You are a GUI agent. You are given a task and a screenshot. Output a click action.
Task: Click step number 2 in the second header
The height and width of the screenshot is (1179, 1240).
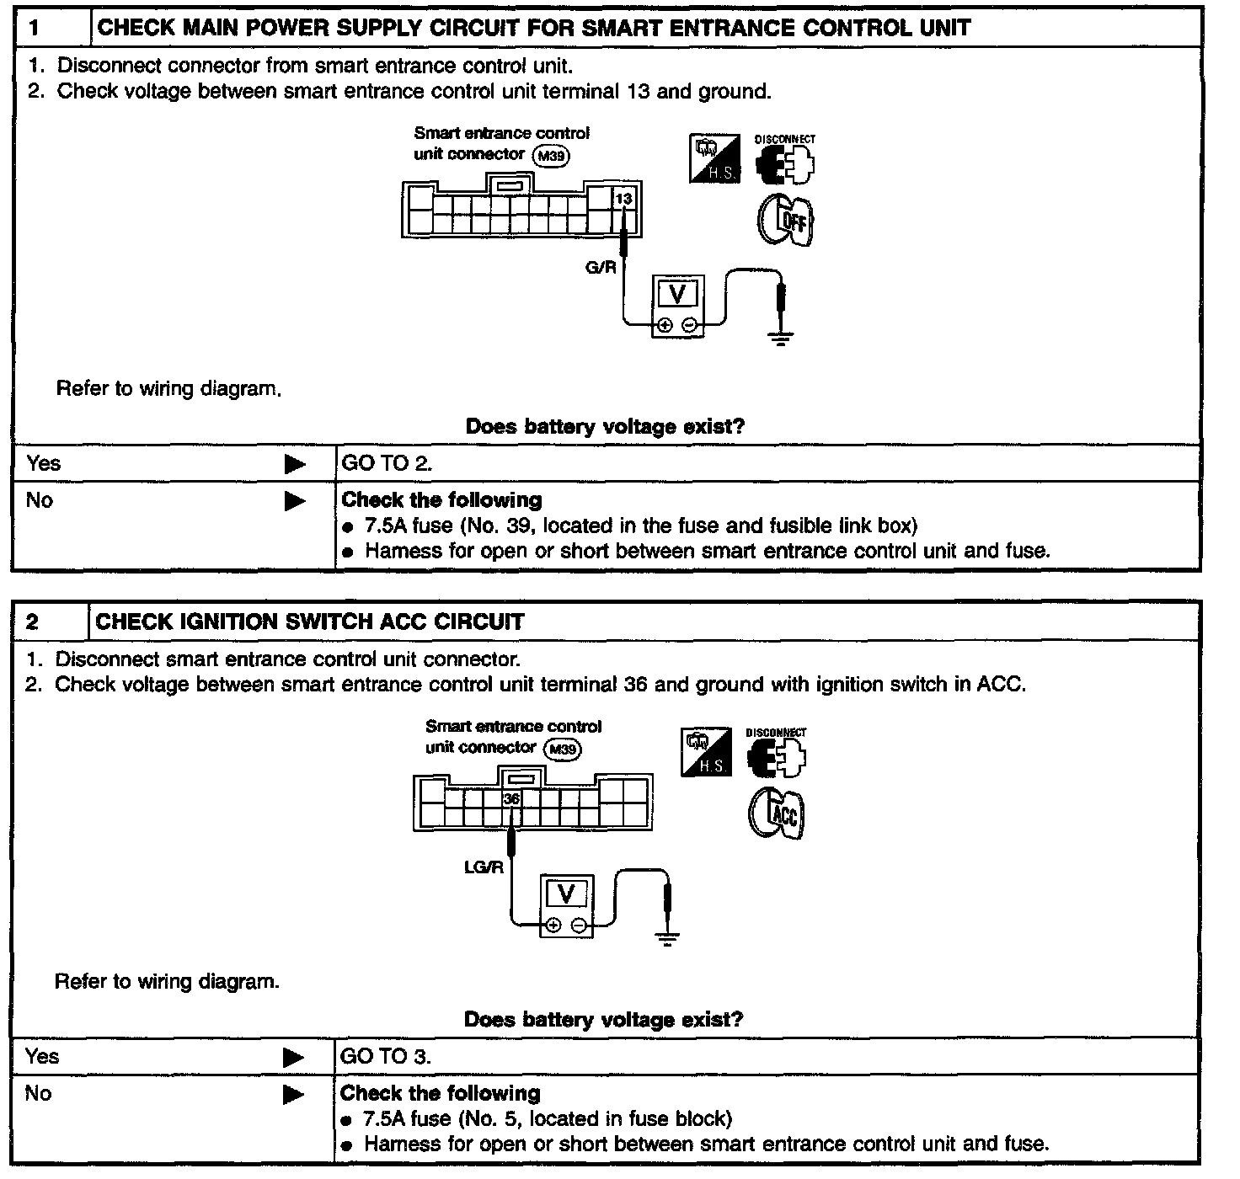[x=32, y=622]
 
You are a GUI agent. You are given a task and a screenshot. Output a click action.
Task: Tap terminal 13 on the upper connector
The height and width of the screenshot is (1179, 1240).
[x=623, y=199]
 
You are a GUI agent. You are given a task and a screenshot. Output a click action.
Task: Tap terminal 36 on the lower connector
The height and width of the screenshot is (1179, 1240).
[x=511, y=798]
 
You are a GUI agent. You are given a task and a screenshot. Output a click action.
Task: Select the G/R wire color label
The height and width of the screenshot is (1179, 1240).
[x=601, y=268]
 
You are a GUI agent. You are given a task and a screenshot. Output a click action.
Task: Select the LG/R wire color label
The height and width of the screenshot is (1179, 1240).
[x=484, y=867]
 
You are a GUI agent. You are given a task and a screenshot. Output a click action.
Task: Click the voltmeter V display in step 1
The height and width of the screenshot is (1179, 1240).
[x=677, y=294]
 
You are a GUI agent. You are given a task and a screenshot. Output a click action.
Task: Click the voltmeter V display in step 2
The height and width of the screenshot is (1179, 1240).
[x=566, y=893]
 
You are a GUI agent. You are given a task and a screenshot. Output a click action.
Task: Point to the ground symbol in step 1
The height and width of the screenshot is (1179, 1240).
[x=781, y=339]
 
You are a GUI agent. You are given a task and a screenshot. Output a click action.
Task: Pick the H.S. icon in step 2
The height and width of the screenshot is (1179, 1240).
[x=706, y=752]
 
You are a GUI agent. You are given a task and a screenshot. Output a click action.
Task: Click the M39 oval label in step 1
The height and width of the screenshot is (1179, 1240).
[x=552, y=155]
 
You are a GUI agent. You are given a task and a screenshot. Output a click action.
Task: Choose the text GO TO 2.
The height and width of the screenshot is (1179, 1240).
[x=387, y=463]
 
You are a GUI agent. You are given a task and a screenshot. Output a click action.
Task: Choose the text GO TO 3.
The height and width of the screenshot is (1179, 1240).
[x=385, y=1057]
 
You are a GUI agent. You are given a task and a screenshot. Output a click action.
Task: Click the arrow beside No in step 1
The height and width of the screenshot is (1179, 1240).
[x=295, y=501]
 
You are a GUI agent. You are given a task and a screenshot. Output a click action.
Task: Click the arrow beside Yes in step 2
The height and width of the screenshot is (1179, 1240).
[x=293, y=1057]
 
